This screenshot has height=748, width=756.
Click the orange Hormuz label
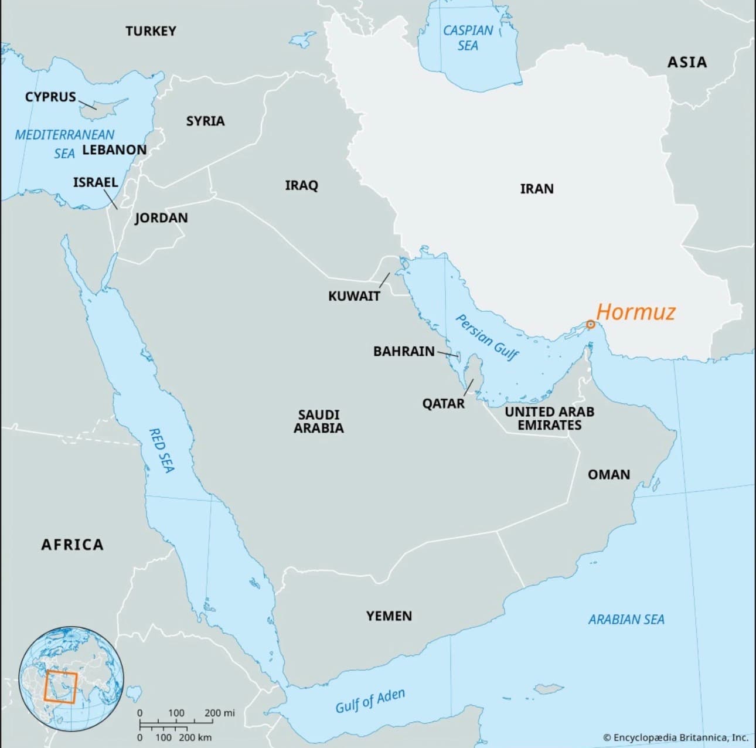[636, 312]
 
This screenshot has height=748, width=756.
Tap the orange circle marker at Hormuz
[590, 325]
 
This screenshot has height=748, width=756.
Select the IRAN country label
[536, 189]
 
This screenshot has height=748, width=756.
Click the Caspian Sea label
[468, 38]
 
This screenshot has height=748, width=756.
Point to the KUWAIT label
[354, 296]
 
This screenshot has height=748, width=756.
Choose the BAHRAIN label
[404, 351]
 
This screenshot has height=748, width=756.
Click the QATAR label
[443, 403]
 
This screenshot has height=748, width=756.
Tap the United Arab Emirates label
[549, 419]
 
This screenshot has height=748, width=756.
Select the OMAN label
[609, 474]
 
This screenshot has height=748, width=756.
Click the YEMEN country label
[389, 616]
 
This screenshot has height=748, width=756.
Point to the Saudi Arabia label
[318, 421]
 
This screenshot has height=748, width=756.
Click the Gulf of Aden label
[370, 701]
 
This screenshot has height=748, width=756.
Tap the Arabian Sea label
[626, 619]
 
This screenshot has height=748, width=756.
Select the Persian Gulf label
[487, 338]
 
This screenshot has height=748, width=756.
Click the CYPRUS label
[50, 97]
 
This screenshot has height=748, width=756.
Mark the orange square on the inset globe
[60, 687]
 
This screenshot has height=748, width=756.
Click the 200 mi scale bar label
[220, 713]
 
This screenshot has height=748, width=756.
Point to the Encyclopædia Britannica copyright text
[675, 737]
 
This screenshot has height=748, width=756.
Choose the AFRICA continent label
[72, 545]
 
